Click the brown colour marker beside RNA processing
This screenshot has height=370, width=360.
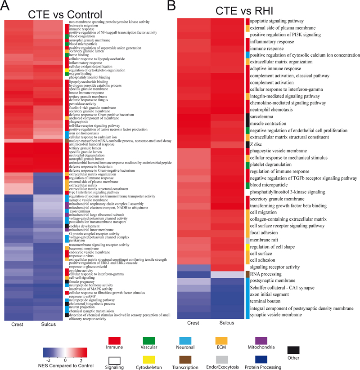click(247, 274)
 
